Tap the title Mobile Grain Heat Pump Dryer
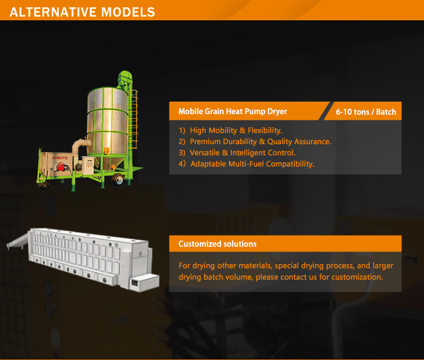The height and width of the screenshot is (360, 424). (232, 111)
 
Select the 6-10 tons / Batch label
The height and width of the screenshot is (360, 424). (366, 112)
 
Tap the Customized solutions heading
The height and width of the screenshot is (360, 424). (218, 244)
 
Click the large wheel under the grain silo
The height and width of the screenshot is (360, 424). (119, 180)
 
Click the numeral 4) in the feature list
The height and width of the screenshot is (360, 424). (182, 164)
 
